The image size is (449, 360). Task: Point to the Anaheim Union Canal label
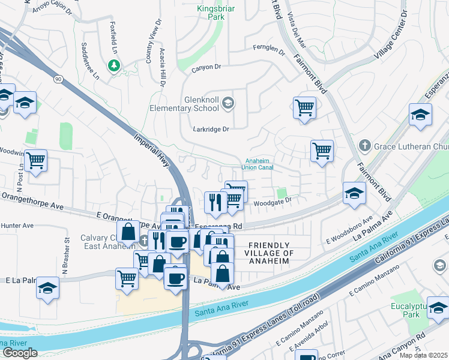[x=259, y=164]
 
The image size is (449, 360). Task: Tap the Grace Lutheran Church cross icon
[x=364, y=145]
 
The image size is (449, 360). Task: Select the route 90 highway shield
[x=58, y=79]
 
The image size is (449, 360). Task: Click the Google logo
[x=20, y=353]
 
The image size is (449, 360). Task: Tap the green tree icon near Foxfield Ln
[x=113, y=65]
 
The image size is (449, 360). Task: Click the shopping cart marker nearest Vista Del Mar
[x=305, y=108]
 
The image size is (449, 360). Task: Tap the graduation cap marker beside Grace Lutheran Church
[x=420, y=113]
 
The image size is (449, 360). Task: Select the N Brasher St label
[x=67, y=256]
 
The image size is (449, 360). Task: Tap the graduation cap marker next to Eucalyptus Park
[x=438, y=307]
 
